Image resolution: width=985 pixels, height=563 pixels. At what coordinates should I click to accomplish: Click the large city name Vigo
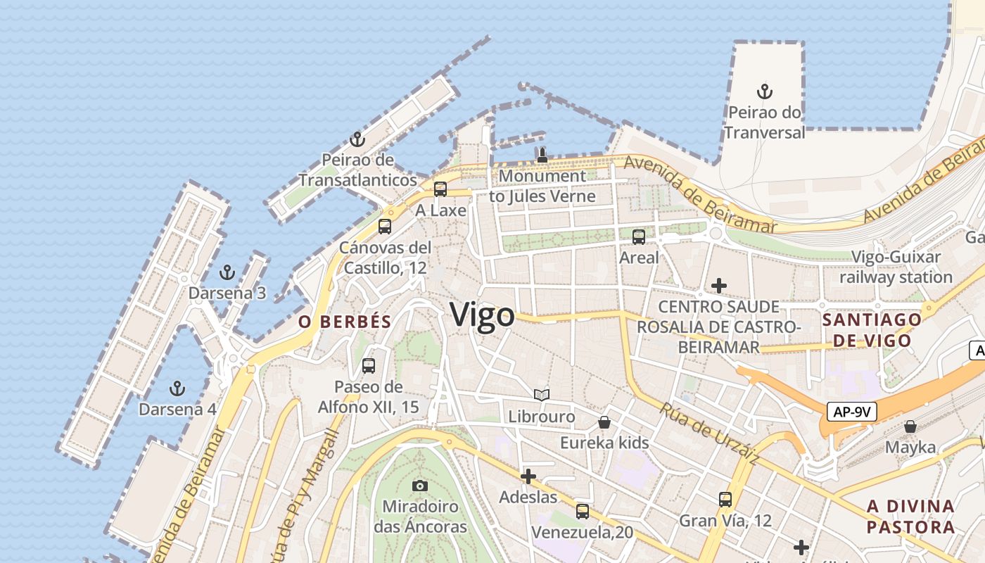pos(483,315)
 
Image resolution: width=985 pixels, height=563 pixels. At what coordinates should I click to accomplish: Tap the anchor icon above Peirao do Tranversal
pos(764,91)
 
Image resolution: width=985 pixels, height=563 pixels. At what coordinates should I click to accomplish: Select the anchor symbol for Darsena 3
pos(227,272)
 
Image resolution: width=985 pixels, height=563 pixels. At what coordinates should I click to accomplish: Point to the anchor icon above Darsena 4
pos(177,388)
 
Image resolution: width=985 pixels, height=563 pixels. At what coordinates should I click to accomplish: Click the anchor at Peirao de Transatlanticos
pos(357,139)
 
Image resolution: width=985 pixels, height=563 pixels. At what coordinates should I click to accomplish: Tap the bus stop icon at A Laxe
pos(440,189)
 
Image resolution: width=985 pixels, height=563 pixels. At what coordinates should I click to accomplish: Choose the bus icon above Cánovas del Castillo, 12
pos(384,227)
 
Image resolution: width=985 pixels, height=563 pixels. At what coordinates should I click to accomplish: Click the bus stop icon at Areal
pos(639,237)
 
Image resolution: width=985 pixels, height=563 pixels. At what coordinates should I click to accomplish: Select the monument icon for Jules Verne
pos(542,156)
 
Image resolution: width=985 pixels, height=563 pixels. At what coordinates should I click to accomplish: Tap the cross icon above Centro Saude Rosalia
pos(718,286)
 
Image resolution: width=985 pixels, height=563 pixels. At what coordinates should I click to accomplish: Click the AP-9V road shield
pos(851,412)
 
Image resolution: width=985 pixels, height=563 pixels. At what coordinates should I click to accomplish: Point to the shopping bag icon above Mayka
pos(910,426)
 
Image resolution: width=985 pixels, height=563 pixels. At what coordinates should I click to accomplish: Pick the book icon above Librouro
pos(541,396)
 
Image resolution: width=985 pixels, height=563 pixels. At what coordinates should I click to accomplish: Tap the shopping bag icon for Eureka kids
pos(604,422)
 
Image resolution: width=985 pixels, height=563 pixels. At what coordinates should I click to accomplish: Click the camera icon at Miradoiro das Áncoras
pos(420,486)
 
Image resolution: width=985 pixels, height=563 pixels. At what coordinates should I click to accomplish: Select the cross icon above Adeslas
pos(528,476)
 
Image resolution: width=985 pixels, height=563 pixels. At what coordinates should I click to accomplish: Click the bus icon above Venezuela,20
pos(582,512)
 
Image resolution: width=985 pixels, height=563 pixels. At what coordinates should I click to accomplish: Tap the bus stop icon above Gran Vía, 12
pos(725,500)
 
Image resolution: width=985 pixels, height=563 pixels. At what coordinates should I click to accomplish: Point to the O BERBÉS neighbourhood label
pos(344,322)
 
